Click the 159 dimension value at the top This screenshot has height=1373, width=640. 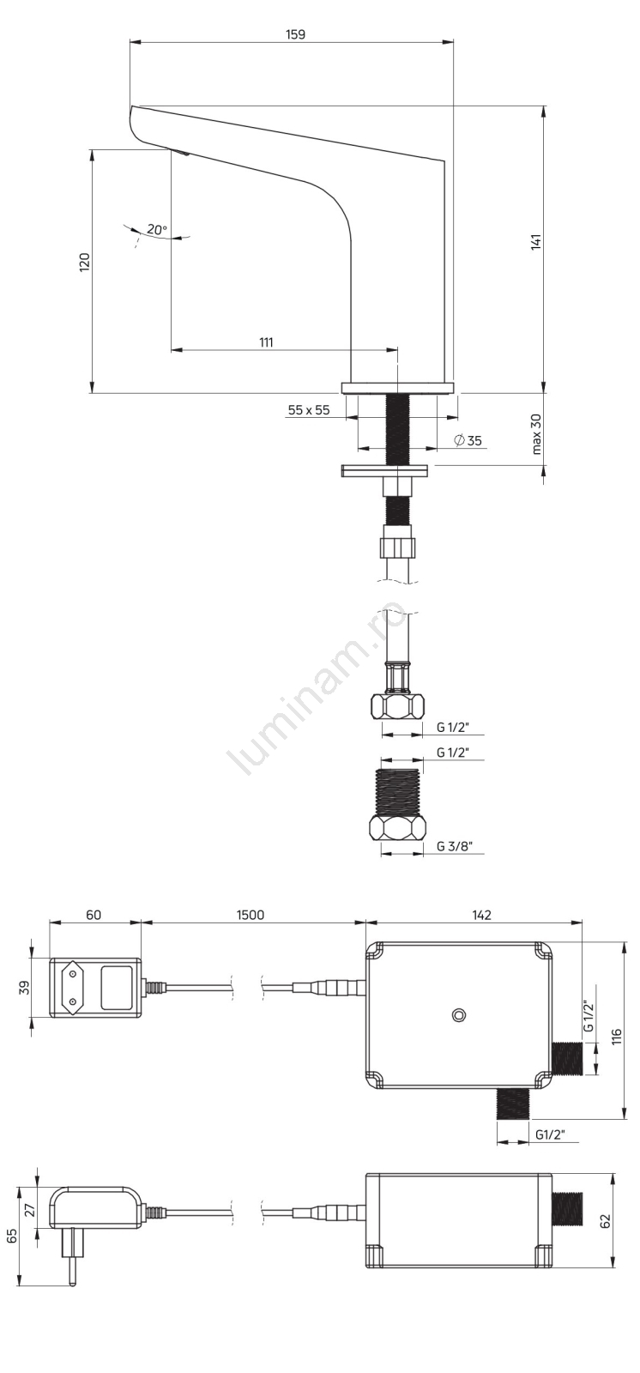(295, 34)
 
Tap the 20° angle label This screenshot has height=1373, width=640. (156, 230)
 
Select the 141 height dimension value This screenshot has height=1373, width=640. (536, 241)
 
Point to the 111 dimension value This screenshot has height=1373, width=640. (265, 342)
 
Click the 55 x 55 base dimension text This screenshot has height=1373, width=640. (308, 410)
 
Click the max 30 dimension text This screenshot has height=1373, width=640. (536, 434)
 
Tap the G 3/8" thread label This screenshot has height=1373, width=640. (454, 846)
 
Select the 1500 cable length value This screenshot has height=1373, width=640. (251, 915)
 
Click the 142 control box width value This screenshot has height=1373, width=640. (481, 915)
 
